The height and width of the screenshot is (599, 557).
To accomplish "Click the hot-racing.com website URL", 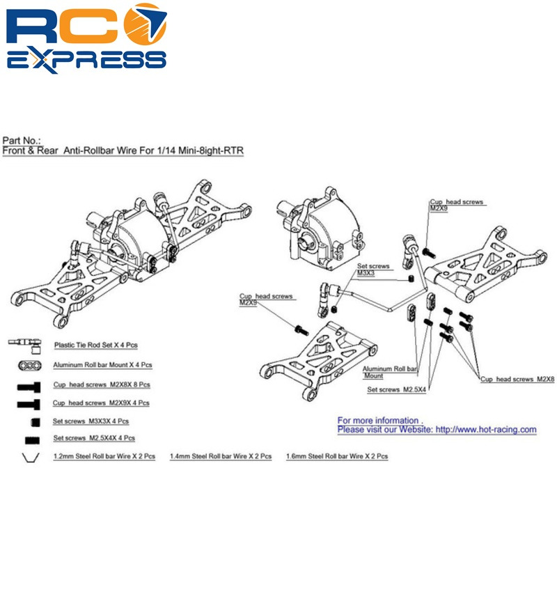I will click(485, 430).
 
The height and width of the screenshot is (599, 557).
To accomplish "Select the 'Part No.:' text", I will click(22, 140).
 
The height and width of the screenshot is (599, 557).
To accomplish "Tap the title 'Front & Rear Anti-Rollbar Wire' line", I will click(123, 150).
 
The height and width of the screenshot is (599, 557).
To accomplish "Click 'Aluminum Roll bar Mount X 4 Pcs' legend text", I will click(102, 364).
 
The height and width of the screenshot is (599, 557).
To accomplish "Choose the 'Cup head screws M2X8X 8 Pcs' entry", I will click(101, 384).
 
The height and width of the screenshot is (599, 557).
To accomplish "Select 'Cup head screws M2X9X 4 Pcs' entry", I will click(101, 403).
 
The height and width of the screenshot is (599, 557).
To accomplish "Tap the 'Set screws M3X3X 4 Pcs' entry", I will click(91, 421).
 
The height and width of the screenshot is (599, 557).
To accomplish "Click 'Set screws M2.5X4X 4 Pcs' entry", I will click(94, 438).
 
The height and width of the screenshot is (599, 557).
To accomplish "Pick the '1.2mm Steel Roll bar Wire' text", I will click(103, 456).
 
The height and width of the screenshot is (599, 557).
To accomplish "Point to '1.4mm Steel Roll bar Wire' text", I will click(221, 456).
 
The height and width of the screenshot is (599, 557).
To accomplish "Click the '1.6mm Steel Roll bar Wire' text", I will click(337, 456).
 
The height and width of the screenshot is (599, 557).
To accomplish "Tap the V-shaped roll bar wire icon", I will click(30, 457).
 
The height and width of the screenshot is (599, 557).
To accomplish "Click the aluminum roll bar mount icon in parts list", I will click(30, 365).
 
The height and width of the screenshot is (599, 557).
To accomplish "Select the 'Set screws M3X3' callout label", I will click(372, 270).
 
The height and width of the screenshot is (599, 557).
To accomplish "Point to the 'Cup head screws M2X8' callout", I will click(517, 379).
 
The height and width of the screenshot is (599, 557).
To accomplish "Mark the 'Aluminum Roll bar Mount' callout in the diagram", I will click(390, 372).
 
